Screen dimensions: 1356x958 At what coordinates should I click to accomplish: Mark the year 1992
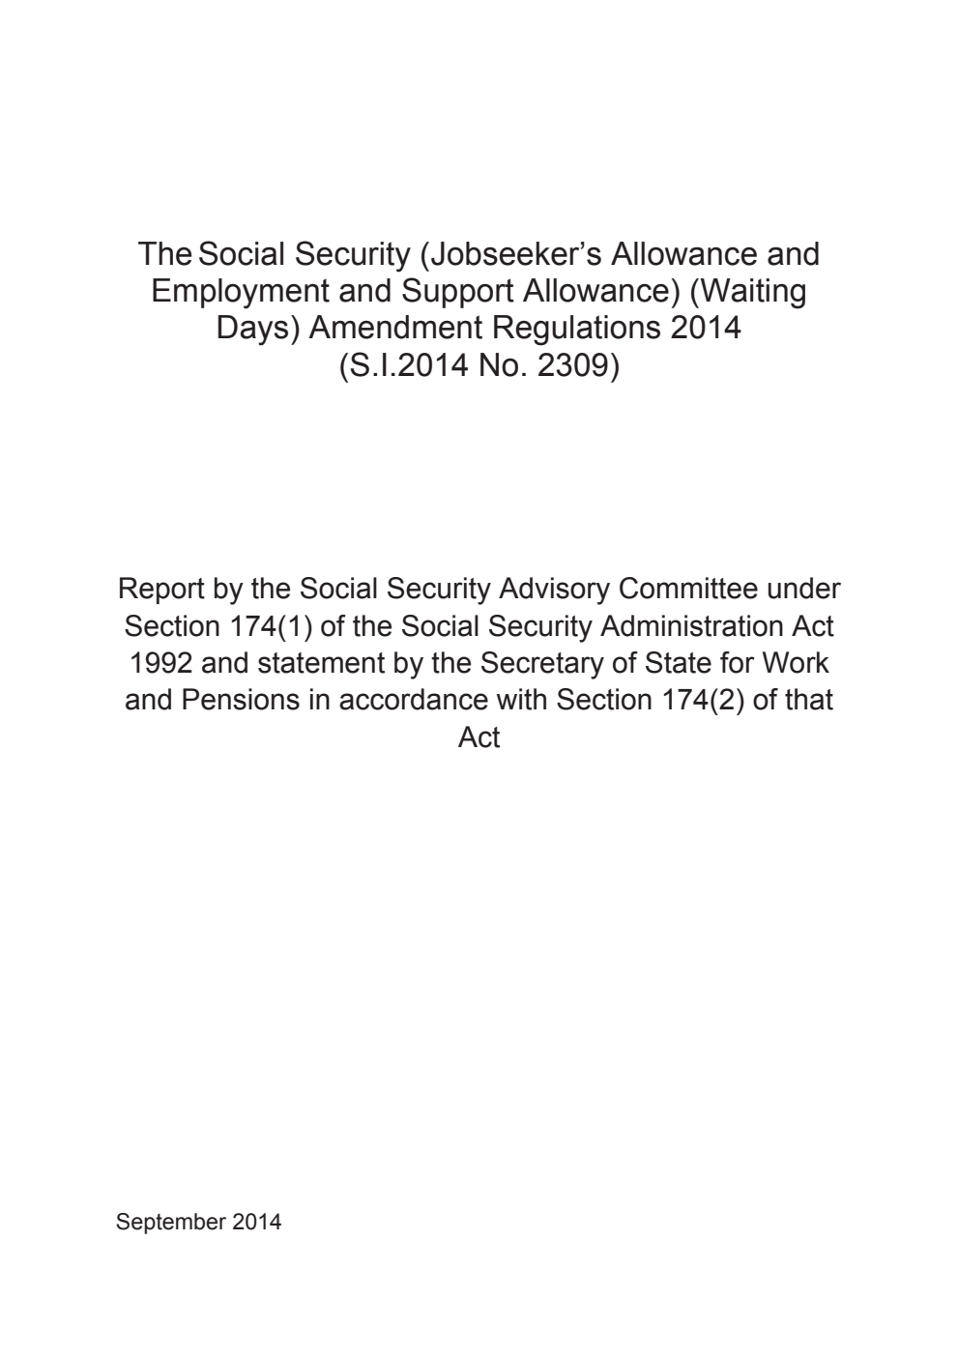160,663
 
